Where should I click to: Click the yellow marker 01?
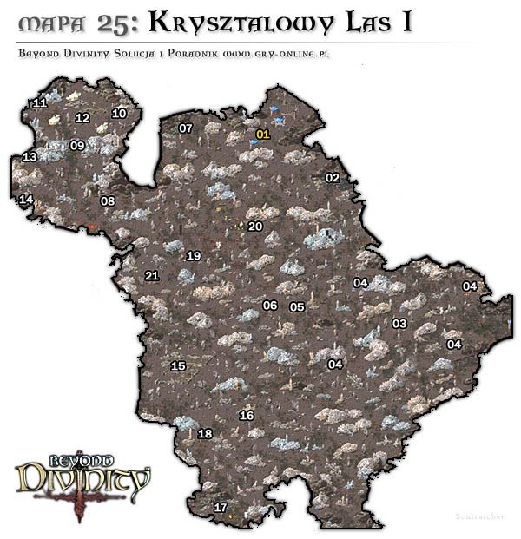(x=264, y=135)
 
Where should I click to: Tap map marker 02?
(x=332, y=178)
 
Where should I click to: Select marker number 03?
(x=399, y=324)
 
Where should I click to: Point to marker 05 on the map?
(x=297, y=307)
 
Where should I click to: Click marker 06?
(x=270, y=306)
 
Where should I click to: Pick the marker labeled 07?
(x=186, y=128)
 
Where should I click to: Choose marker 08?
(x=108, y=201)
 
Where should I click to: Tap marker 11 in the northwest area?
(x=39, y=103)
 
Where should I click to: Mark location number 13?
(x=30, y=157)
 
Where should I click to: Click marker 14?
(x=26, y=200)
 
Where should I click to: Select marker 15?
(x=179, y=366)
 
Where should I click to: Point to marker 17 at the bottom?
(x=221, y=508)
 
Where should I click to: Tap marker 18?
(x=205, y=434)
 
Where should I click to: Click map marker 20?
(x=255, y=227)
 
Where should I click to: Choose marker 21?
(x=152, y=277)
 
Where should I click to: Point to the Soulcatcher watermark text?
(x=477, y=516)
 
